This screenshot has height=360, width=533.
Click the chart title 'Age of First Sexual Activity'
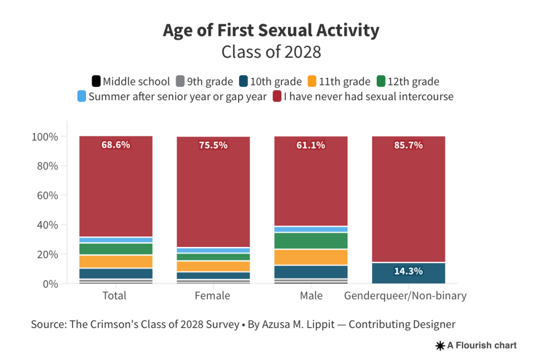pos(271,30)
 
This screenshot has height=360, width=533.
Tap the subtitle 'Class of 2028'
pos(271,52)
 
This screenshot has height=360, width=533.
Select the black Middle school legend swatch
pos(96,81)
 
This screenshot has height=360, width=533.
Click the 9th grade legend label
pos(210,81)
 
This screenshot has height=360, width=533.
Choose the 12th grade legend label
pos(414,81)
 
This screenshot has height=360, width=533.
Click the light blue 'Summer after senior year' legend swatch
pos(81,96)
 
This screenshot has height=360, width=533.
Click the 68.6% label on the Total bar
pos(115,145)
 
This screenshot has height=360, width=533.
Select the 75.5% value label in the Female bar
pos(213,145)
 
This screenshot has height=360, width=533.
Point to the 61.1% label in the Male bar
pos(311,145)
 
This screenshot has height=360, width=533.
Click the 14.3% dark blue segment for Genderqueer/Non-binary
pos(408,271)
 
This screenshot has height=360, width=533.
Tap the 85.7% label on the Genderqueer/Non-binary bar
pos(408,145)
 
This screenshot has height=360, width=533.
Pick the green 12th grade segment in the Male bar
pos(311,241)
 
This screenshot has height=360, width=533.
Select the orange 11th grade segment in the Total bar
pos(116,262)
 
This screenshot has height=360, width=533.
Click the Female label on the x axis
pos(212,296)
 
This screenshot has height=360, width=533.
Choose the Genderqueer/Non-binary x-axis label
pos(405,296)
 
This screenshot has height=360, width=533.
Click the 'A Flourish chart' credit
pos(476,345)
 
